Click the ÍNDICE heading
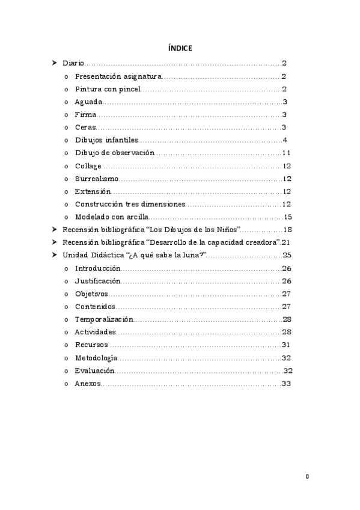[180, 48]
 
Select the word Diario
[73, 63]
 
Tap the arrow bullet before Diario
[55, 63]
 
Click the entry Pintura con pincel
[108, 89]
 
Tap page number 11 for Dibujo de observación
[287, 153]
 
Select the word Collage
[88, 166]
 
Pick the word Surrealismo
[97, 179]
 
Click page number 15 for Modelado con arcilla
[288, 217]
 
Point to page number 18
[287, 230]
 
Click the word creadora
[262, 242]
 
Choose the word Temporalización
[104, 319]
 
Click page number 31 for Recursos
[286, 345]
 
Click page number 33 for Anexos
[286, 384]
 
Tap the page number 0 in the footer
[307, 476]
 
